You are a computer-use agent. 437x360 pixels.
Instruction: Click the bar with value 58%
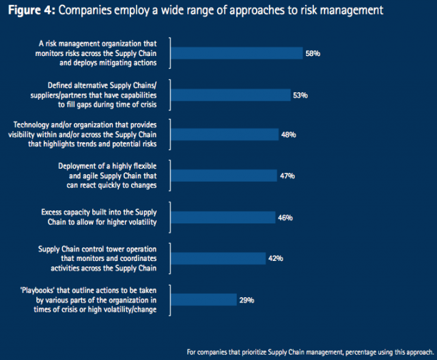click(x=236, y=53)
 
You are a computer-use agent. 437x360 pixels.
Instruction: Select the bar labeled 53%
click(x=231, y=94)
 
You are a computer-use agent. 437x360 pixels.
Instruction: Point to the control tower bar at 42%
click(x=218, y=258)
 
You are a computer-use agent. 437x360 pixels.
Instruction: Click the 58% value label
click(x=313, y=53)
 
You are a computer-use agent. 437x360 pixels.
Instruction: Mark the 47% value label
click(x=287, y=176)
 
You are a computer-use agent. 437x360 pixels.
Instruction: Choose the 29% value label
click(x=247, y=299)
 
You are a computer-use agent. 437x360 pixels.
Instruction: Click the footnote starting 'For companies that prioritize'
click(x=310, y=352)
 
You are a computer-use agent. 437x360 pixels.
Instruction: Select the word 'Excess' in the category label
click(x=52, y=212)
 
